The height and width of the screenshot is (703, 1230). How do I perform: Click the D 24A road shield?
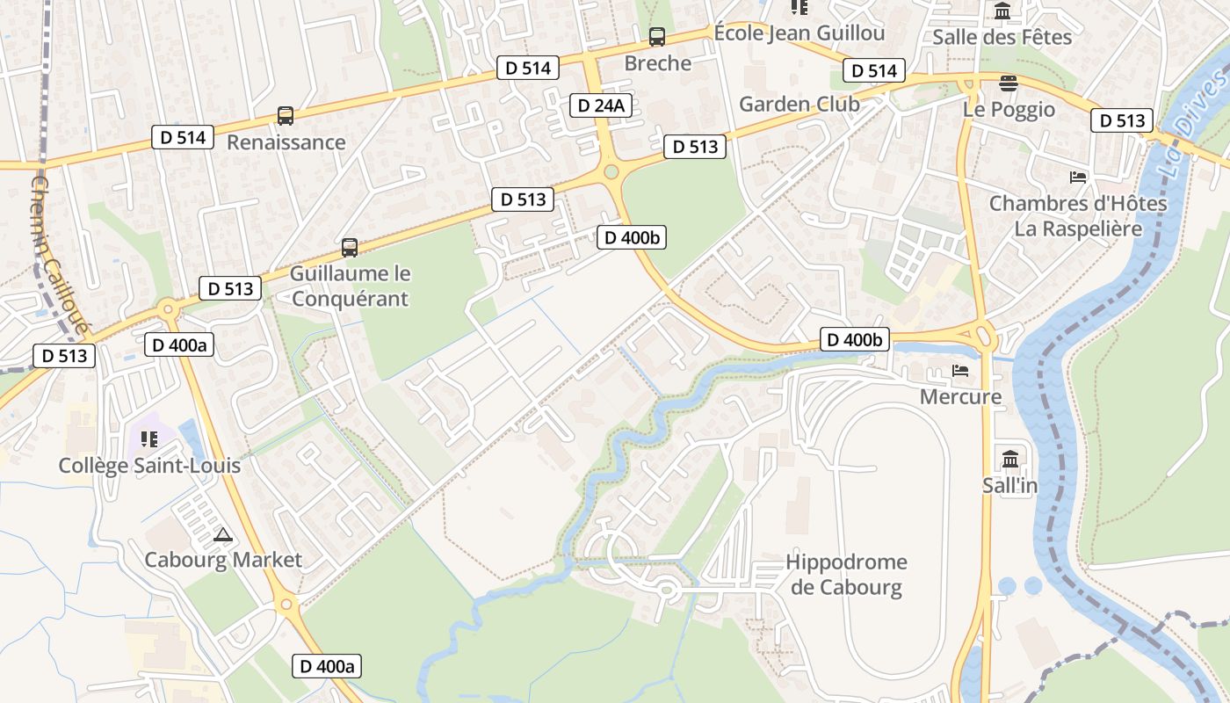click(602, 106)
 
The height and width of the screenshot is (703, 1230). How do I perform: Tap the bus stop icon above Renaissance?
click(286, 116)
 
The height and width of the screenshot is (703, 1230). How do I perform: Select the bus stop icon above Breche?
click(657, 37)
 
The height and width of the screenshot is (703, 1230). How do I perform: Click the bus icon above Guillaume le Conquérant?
click(350, 248)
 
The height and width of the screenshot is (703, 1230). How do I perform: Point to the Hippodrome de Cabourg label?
click(847, 575)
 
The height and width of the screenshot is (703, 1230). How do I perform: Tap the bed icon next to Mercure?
click(960, 371)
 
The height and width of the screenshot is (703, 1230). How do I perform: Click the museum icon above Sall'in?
click(1009, 459)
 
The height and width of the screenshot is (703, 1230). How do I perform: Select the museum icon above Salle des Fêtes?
click(1002, 11)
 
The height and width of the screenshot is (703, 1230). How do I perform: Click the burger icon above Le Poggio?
click(1009, 83)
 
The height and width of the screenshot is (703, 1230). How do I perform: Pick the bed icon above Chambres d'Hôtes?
click(1078, 177)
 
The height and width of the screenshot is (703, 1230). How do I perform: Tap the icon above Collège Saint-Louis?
click(148, 438)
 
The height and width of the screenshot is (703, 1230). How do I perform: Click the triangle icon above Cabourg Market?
click(223, 534)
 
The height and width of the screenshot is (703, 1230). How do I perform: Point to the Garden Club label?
click(799, 104)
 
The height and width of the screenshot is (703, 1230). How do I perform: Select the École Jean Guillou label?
click(799, 33)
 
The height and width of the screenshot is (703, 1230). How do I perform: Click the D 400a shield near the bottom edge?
click(327, 666)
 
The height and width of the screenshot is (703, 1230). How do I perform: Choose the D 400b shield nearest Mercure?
click(855, 340)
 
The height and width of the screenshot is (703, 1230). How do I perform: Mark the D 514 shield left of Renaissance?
click(183, 137)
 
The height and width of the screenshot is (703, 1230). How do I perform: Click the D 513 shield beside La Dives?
click(1122, 120)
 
